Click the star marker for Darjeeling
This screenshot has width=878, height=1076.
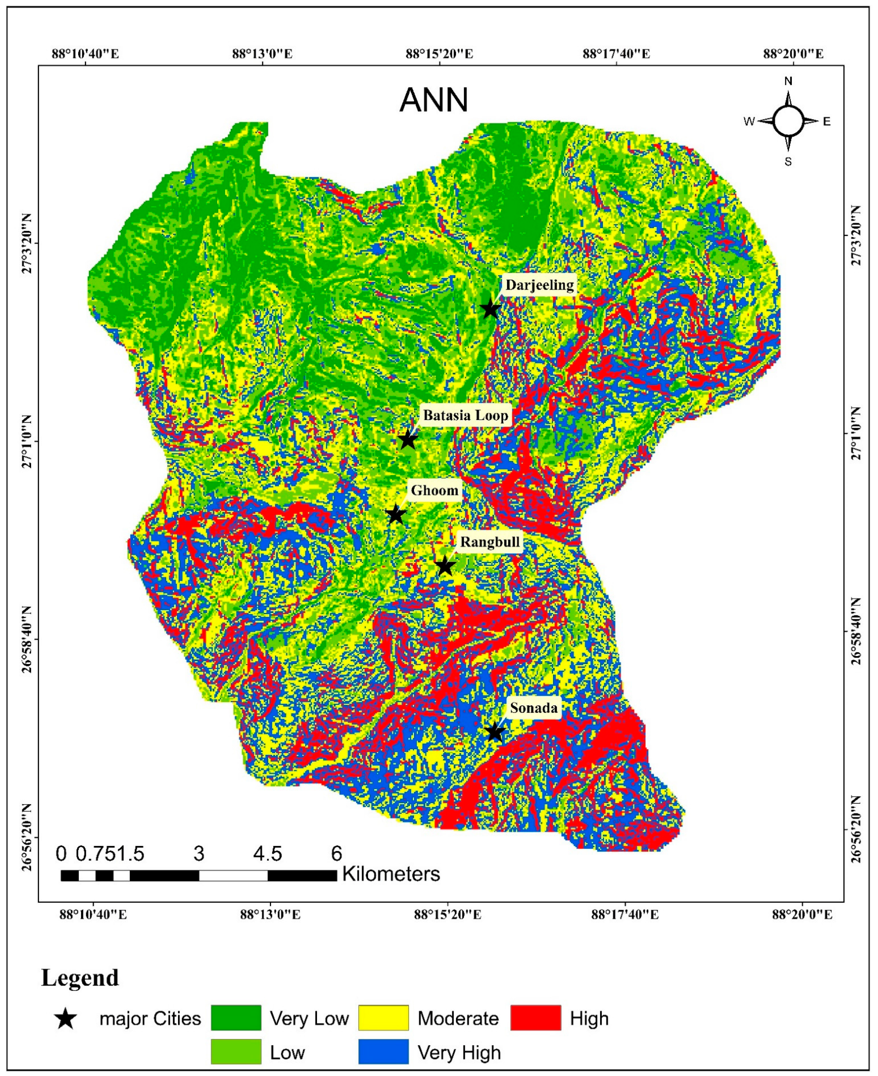click(490, 309)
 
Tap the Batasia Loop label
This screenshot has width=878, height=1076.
click(465, 416)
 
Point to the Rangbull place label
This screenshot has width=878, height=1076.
click(490, 542)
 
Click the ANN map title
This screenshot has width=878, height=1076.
click(434, 100)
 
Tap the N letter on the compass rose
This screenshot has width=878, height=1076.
click(788, 81)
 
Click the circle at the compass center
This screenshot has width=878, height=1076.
click(788, 121)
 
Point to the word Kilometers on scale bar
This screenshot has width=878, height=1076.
click(391, 874)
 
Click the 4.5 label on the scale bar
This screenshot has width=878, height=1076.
click(268, 853)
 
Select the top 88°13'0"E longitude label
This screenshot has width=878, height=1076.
click(263, 53)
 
